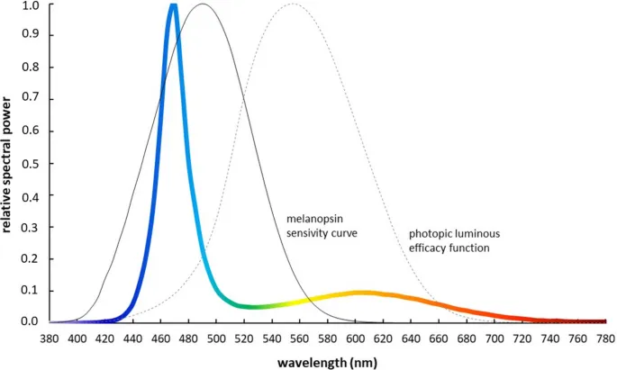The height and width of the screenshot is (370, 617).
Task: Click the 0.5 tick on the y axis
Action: pyautogui.click(x=30, y=163)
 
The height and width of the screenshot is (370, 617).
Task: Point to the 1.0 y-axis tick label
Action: pyautogui.click(x=30, y=5)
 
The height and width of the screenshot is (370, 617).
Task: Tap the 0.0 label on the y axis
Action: pyautogui.click(x=30, y=321)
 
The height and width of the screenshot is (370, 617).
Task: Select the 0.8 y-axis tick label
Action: pyautogui.click(x=30, y=68)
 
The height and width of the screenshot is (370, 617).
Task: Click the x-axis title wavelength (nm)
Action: pyautogui.click(x=326, y=362)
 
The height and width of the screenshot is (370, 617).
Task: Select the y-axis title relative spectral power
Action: pyautogui.click(x=8, y=162)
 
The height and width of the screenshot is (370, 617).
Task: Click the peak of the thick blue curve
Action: pyautogui.click(x=173, y=6)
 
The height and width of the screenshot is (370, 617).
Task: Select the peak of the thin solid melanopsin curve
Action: pyautogui.click(x=203, y=5)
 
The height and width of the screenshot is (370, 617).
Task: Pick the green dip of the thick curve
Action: pyautogui.click(x=254, y=307)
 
